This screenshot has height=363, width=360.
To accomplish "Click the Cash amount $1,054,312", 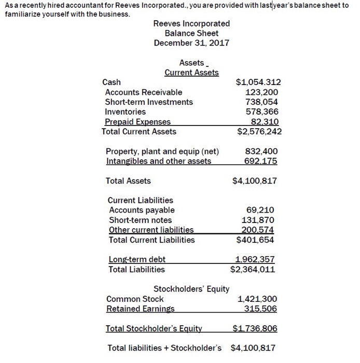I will tap(259, 82).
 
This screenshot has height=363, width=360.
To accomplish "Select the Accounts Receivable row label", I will tap(144, 92).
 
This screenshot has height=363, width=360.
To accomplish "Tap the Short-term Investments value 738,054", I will tap(263, 102).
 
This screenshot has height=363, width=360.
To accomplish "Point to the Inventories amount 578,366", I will tap(263, 111).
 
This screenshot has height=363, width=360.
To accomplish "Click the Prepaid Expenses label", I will tap(137, 121).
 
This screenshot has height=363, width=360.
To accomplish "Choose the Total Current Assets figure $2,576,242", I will tap(259, 131).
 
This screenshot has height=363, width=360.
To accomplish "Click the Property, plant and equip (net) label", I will tap(162, 151).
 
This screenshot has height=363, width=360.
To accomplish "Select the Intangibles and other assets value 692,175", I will tap(261, 161).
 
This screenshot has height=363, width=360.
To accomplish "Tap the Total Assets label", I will tap(128, 181).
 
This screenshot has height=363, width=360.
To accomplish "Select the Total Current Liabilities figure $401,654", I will tap(255, 240).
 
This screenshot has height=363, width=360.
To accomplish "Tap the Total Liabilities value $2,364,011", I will tap(253, 269).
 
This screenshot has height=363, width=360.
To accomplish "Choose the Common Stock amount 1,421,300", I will tap(257, 299).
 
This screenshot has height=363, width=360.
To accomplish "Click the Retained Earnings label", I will tap(140, 309).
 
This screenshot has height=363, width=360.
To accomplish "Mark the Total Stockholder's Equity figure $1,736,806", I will tap(254, 328).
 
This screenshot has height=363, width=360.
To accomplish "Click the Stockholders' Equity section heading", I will tap(191, 289).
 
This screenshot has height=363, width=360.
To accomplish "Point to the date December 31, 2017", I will tap(191, 43).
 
